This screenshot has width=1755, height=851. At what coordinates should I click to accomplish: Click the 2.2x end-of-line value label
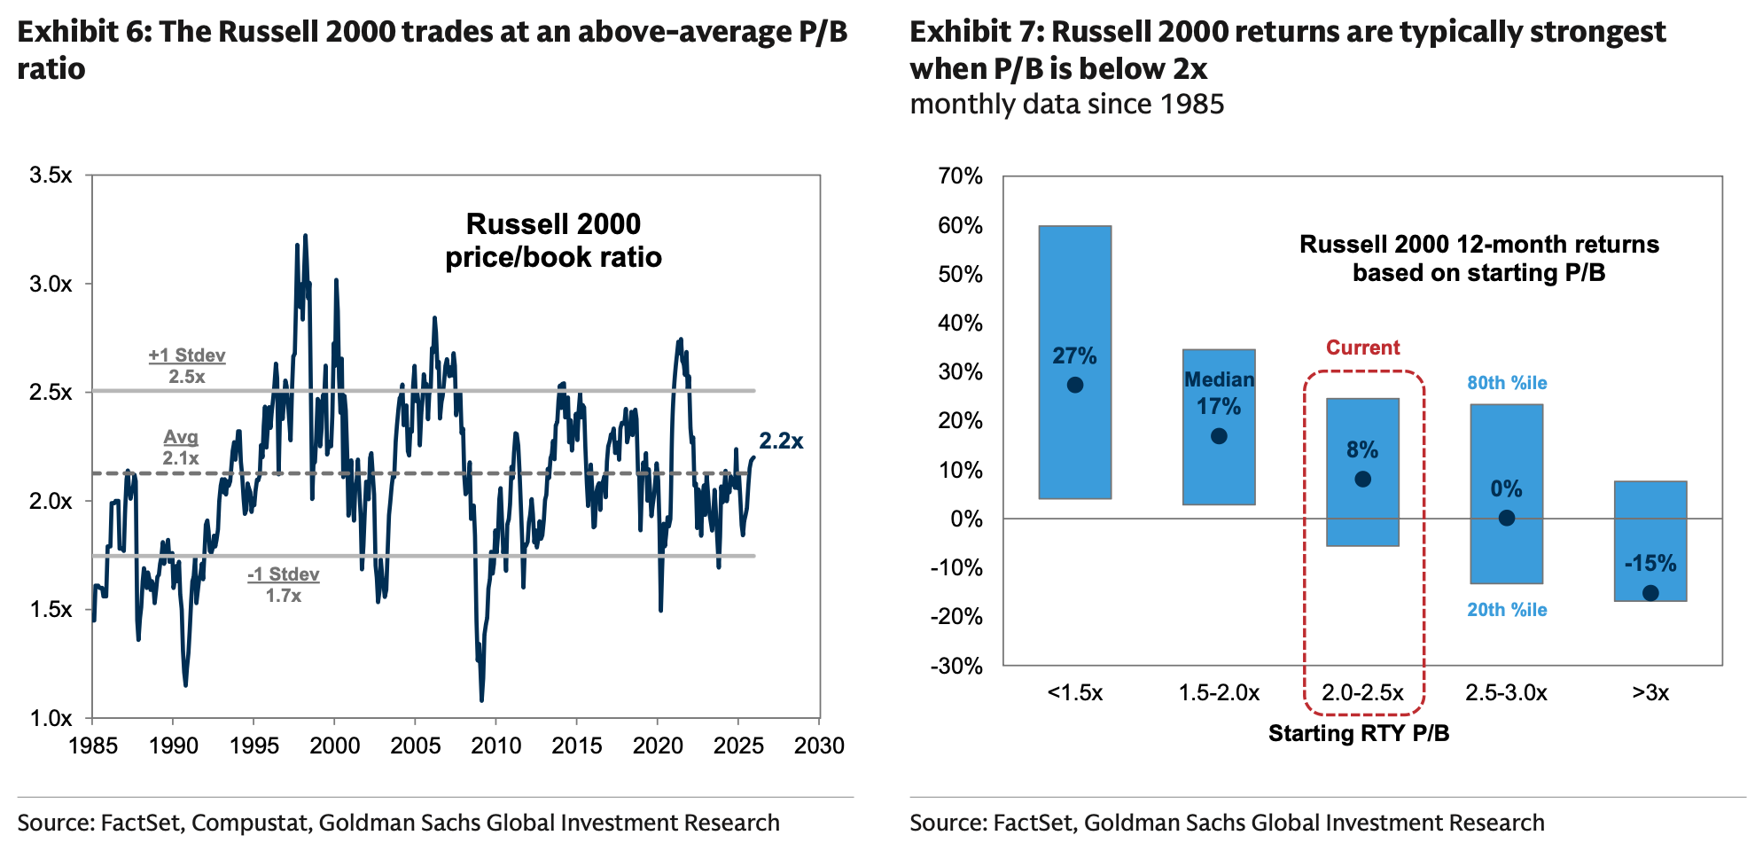pyautogui.click(x=781, y=441)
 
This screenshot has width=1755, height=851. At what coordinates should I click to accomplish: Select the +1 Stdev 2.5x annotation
pyautogui.click(x=187, y=366)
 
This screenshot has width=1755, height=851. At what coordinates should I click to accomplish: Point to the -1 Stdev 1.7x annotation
pyautogui.click(x=284, y=585)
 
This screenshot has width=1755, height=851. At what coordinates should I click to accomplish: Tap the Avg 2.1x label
pyautogui.click(x=181, y=448)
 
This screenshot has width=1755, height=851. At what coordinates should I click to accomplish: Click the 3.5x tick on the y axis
pyautogui.click(x=51, y=176)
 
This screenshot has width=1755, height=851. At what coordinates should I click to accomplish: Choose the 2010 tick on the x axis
pyautogui.click(x=496, y=746)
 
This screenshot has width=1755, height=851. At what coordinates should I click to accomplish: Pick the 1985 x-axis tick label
pyautogui.click(x=93, y=746)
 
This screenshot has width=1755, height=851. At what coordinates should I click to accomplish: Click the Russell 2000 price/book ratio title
pyautogui.click(x=553, y=240)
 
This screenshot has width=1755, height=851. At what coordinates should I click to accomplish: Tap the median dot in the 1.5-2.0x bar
pyautogui.click(x=1219, y=436)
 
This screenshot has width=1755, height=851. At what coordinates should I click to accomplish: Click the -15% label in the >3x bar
pyautogui.click(x=1650, y=564)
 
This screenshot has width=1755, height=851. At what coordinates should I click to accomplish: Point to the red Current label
pyautogui.click(x=1362, y=347)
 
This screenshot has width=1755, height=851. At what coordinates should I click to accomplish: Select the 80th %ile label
pyautogui.click(x=1507, y=383)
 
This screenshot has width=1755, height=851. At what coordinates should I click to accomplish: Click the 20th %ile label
pyautogui.click(x=1507, y=610)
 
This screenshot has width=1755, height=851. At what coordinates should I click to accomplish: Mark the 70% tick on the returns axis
pyautogui.click(x=960, y=176)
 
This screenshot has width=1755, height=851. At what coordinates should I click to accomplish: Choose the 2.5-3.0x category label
pyautogui.click(x=1506, y=692)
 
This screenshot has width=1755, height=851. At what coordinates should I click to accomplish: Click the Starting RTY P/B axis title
pyautogui.click(x=1359, y=733)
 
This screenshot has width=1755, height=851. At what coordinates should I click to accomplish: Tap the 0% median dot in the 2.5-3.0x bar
pyautogui.click(x=1506, y=518)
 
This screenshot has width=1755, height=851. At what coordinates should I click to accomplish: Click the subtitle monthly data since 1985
pyautogui.click(x=1066, y=105)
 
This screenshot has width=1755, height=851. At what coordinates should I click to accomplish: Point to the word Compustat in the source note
pyautogui.click(x=250, y=823)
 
